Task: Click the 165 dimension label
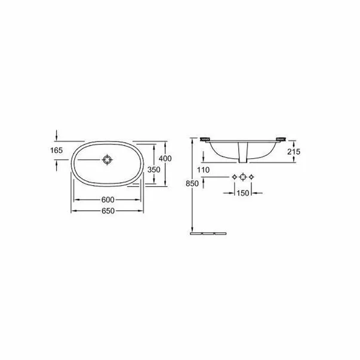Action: click(57, 151)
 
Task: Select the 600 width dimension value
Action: click(107, 199)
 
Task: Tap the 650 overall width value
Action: click(107, 211)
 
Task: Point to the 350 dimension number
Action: click(153, 169)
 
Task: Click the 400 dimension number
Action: click(165, 158)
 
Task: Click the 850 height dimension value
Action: click(192, 184)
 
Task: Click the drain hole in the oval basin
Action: click(107, 160)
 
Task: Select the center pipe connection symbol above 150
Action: click(244, 177)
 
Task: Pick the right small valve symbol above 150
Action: click(253, 177)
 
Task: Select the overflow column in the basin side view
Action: click(242, 153)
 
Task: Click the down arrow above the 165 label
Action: click(57, 134)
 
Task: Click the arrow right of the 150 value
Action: click(257, 193)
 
